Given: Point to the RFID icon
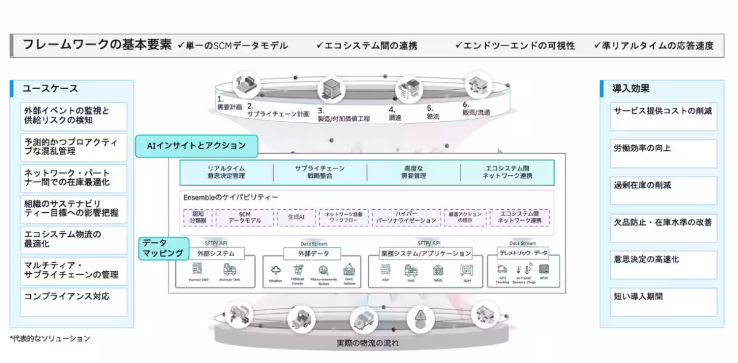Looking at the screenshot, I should click(x=543, y=269).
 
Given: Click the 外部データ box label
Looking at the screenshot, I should click(x=315, y=253).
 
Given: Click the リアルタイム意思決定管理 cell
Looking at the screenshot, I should click(x=227, y=172).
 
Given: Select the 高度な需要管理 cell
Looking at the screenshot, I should click(x=413, y=172).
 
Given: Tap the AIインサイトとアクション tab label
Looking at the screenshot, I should click(x=196, y=146).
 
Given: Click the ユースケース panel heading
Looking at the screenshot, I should click(x=50, y=89).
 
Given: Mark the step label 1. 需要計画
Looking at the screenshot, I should click(x=229, y=102).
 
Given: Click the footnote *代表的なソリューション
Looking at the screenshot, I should click(x=50, y=338).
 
